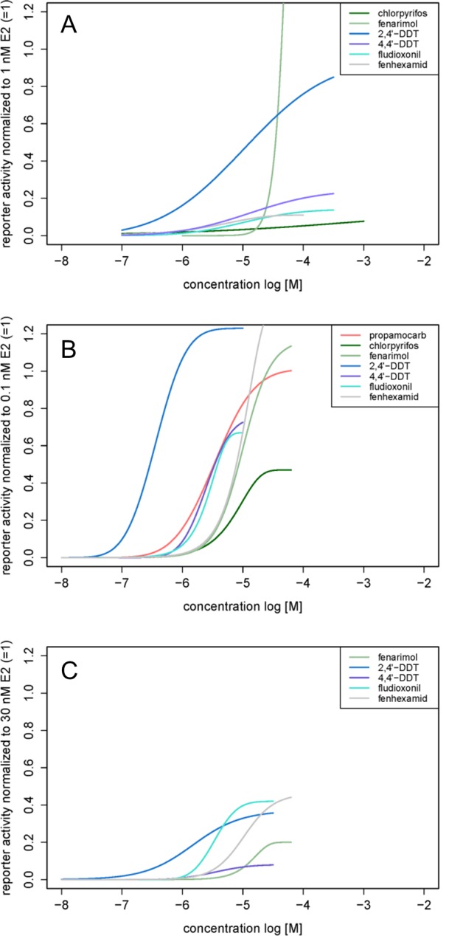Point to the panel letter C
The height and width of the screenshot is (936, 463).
tap(69, 671)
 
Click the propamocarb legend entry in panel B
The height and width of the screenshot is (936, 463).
tap(402, 335)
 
